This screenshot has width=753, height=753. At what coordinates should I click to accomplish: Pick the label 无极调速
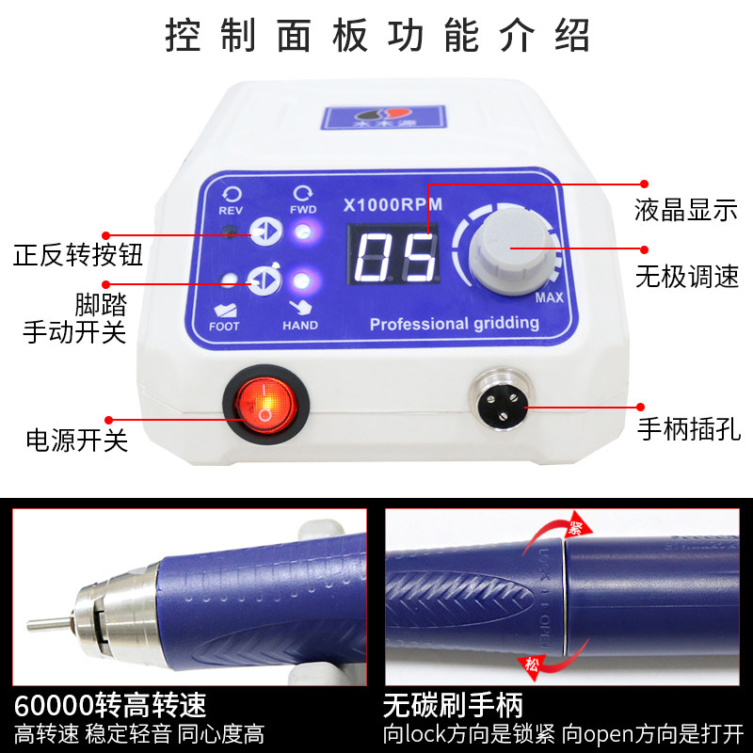[684, 277]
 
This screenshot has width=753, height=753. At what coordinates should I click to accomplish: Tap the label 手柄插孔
[684, 430]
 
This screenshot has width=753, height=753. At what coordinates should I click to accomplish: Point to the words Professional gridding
[454, 324]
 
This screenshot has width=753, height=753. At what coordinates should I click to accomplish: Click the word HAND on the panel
[300, 326]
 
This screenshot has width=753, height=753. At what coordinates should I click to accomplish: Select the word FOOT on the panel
[225, 326]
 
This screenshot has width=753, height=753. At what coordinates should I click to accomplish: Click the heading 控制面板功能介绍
[376, 35]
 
